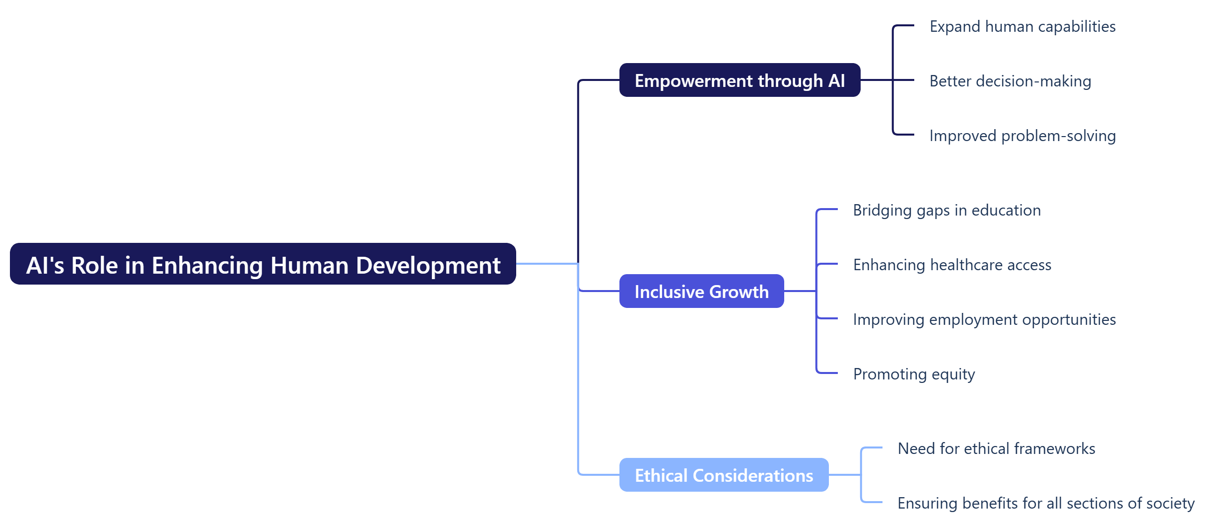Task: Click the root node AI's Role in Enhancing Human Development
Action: click(x=263, y=264)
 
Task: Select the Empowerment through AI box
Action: click(x=739, y=80)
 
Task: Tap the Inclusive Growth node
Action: click(x=701, y=292)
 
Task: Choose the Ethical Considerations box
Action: click(x=723, y=475)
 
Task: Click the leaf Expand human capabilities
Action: click(x=1022, y=26)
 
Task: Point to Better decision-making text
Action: click(x=1010, y=81)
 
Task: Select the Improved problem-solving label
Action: click(x=1022, y=136)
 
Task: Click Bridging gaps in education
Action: click(x=947, y=210)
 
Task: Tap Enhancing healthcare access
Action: click(x=951, y=265)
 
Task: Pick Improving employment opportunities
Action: click(x=984, y=319)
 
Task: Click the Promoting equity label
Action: click(x=913, y=374)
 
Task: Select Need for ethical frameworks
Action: click(x=996, y=448)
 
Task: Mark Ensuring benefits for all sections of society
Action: click(x=1045, y=503)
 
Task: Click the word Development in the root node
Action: click(x=428, y=265)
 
